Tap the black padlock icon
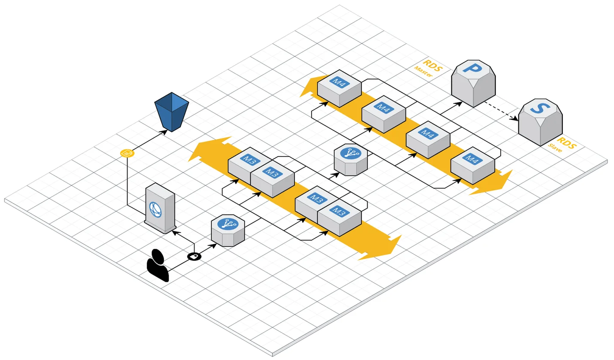(195, 256)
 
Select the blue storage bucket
(171, 111)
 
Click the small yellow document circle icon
(126, 153)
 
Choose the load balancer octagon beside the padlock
(228, 230)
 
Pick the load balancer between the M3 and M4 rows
(350, 160)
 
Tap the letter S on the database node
(538, 108)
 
